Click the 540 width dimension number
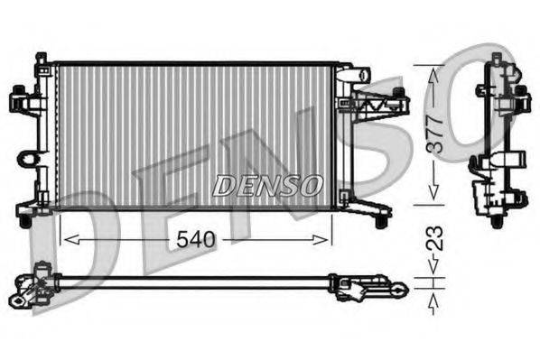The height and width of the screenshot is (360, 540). point(195,239)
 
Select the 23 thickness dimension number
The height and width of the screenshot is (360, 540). point(433,241)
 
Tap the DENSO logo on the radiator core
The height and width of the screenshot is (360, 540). point(268,185)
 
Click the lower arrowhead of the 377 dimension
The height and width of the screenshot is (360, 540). point(433,196)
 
